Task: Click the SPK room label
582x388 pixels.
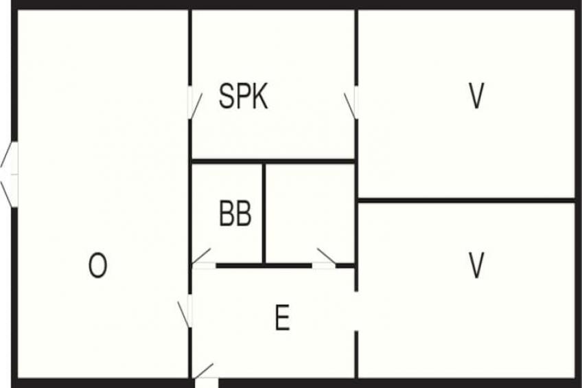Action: click(x=244, y=95)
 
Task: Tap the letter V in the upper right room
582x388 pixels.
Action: click(x=476, y=95)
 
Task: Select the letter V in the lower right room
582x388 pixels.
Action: click(x=476, y=265)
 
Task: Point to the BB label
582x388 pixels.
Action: click(x=235, y=213)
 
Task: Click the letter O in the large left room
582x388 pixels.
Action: click(x=97, y=265)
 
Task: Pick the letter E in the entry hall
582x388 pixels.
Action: click(x=283, y=317)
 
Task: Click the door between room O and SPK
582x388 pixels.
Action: click(x=194, y=104)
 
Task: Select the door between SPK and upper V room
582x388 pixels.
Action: click(x=351, y=104)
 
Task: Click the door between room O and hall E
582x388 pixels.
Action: click(x=185, y=312)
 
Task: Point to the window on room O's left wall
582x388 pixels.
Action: click(x=9, y=174)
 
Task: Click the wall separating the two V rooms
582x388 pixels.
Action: click(x=466, y=201)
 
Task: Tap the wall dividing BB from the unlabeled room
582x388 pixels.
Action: click(x=264, y=214)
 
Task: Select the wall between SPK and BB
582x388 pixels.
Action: click(x=273, y=161)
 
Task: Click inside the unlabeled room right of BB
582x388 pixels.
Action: click(x=310, y=214)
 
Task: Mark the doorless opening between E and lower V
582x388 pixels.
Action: click(x=356, y=311)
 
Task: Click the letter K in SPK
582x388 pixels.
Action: click(x=259, y=95)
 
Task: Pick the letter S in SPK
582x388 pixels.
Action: click(x=226, y=95)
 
